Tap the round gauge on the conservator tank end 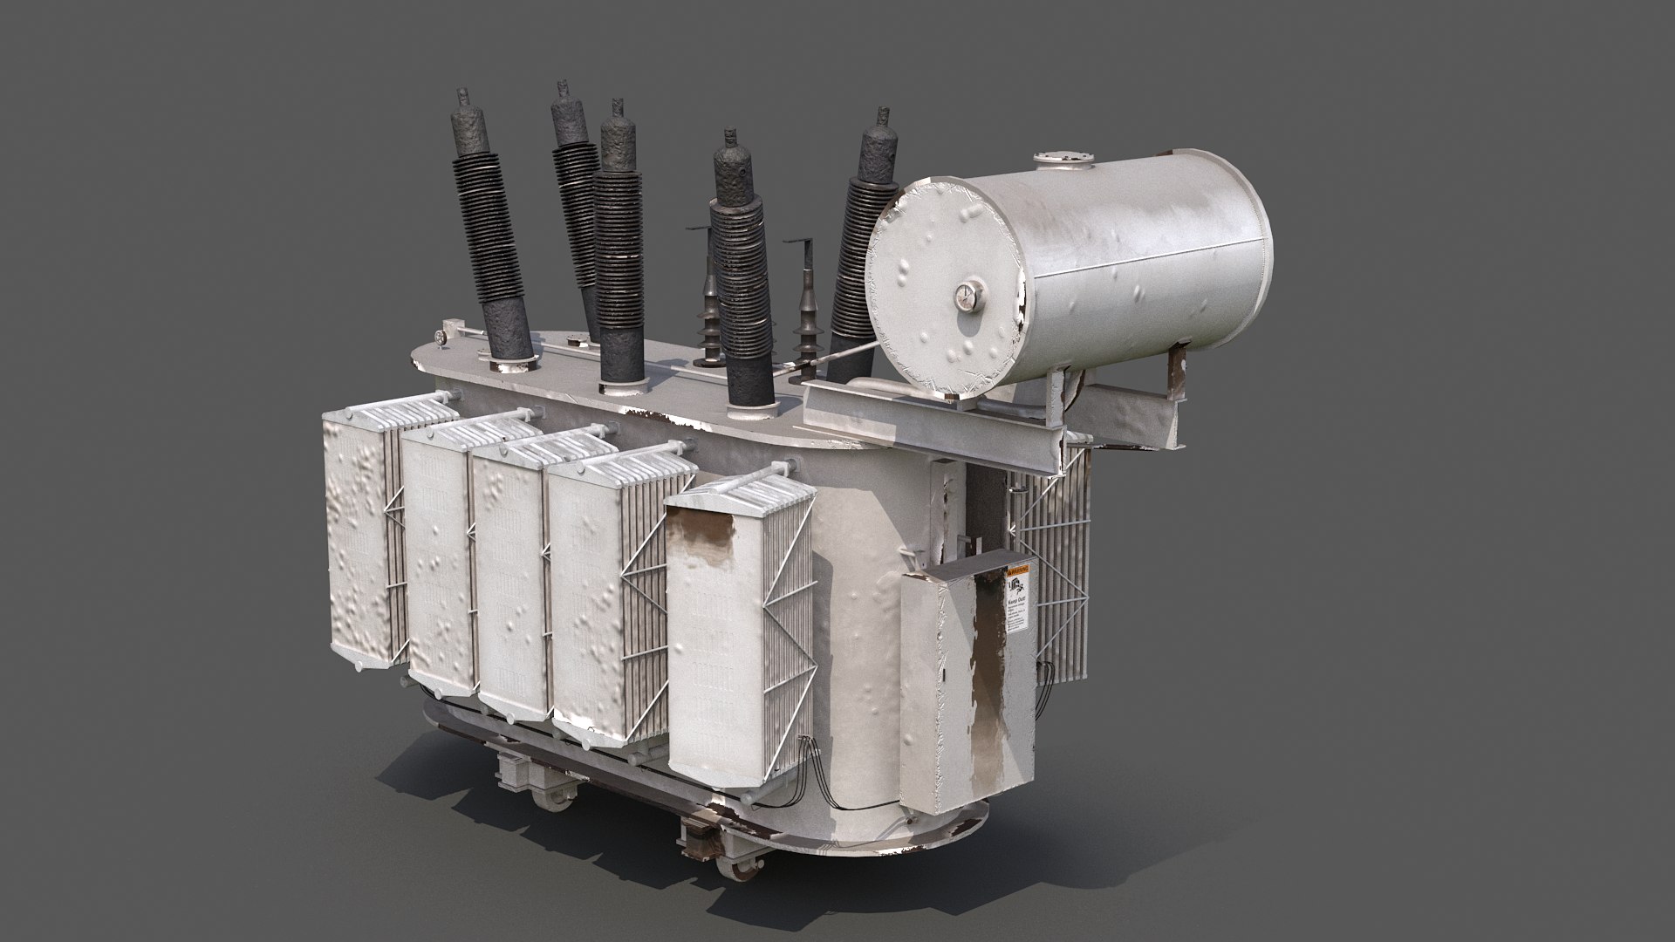[x=966, y=297]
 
